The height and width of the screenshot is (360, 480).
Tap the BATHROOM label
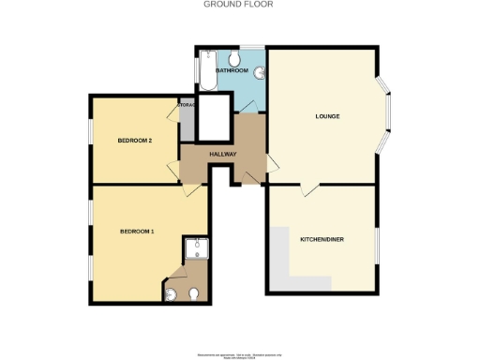point(232,70)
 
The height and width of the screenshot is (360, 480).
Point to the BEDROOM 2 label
point(135,141)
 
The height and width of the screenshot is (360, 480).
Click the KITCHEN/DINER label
point(322,239)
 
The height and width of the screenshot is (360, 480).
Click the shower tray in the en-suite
point(198,247)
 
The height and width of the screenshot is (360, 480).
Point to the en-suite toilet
point(193,294)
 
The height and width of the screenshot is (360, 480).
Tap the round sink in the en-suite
point(171,295)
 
